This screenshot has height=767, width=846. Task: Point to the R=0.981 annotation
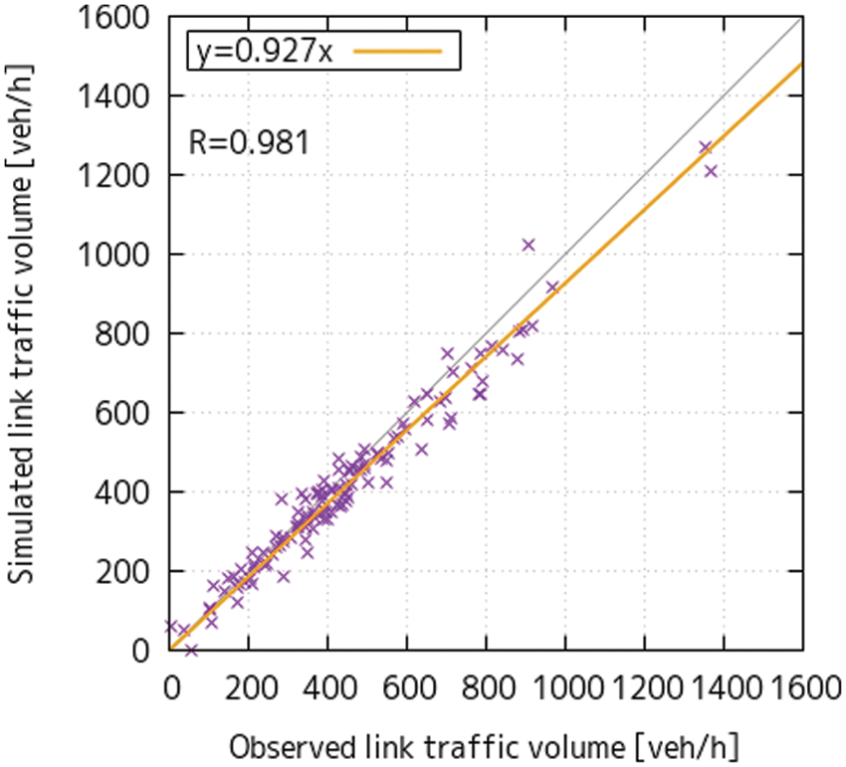click(249, 142)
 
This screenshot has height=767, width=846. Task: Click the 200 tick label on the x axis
click(249, 687)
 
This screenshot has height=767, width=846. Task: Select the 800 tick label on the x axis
click(486, 687)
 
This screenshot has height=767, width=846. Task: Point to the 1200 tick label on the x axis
click(644, 687)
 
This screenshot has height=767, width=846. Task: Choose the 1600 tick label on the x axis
click(802, 687)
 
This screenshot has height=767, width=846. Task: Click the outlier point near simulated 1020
click(529, 245)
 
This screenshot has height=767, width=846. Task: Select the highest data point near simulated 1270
click(706, 147)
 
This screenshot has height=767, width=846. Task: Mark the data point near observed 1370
click(711, 171)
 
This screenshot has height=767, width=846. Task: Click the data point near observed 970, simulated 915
click(552, 287)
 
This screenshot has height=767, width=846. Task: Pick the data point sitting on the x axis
click(191, 650)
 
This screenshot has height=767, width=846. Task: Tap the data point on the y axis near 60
click(171, 626)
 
